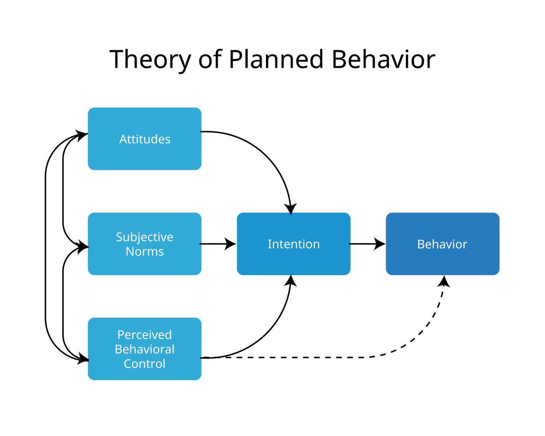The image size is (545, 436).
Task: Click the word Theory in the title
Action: point(150,60)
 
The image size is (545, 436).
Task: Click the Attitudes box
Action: point(145,138)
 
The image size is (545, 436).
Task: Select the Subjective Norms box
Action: point(145,244)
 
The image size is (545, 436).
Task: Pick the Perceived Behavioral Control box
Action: point(145,349)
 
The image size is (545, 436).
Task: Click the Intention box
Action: point(294,244)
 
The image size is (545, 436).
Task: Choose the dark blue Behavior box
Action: point(442,244)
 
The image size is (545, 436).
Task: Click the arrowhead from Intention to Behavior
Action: point(379,244)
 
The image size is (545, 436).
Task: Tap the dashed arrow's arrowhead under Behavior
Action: point(444,281)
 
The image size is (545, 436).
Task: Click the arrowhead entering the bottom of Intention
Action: point(291,281)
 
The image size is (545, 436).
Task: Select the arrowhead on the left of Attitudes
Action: point(82,135)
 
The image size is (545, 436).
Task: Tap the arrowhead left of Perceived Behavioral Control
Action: point(83,359)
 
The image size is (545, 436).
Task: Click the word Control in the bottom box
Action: point(145,363)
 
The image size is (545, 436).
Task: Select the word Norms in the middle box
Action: point(145,251)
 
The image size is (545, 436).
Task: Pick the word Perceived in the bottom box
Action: point(145,335)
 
